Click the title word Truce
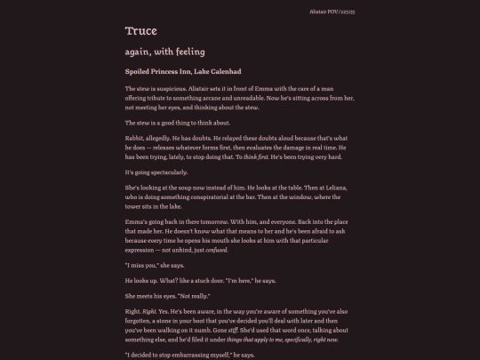(141, 32)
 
